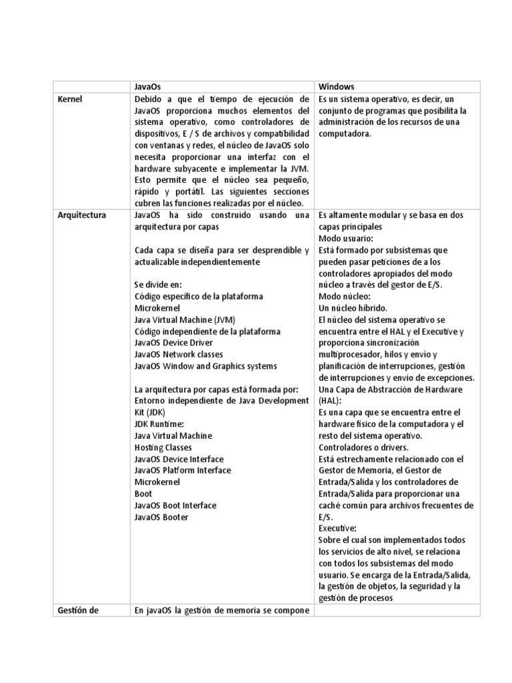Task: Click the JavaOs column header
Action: click(x=147, y=87)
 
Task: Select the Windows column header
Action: click(x=337, y=87)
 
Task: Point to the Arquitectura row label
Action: click(x=82, y=215)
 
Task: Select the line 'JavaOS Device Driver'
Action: click(x=173, y=343)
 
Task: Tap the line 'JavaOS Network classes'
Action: click(x=179, y=354)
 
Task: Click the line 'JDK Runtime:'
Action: click(x=159, y=424)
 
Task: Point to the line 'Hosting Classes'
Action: click(x=163, y=448)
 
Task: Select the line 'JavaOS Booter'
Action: click(x=161, y=517)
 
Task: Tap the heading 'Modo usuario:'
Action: click(x=346, y=238)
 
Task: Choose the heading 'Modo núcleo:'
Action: click(x=345, y=296)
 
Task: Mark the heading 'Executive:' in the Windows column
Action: click(x=338, y=528)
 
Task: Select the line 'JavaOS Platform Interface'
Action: click(x=183, y=470)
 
